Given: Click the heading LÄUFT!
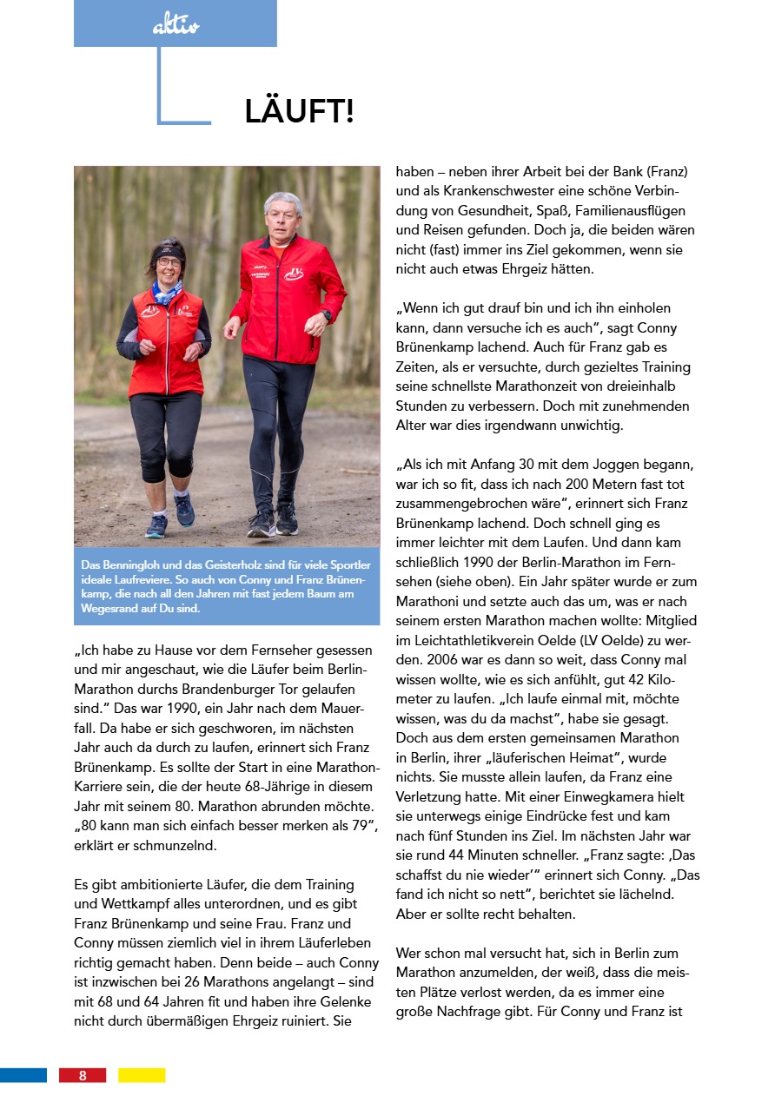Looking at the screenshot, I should click(x=299, y=112).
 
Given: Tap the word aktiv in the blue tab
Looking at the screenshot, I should click(x=176, y=27).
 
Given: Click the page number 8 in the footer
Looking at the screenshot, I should click(x=83, y=1075).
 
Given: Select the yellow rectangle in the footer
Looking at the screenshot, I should click(x=142, y=1075).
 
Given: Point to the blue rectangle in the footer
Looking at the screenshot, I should click(x=23, y=1075).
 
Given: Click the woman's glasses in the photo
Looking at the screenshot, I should click(x=169, y=261).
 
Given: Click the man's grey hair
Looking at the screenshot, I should click(x=283, y=204).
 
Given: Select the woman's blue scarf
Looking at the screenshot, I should click(x=167, y=291).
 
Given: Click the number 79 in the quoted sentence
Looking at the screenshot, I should click(x=359, y=826).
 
